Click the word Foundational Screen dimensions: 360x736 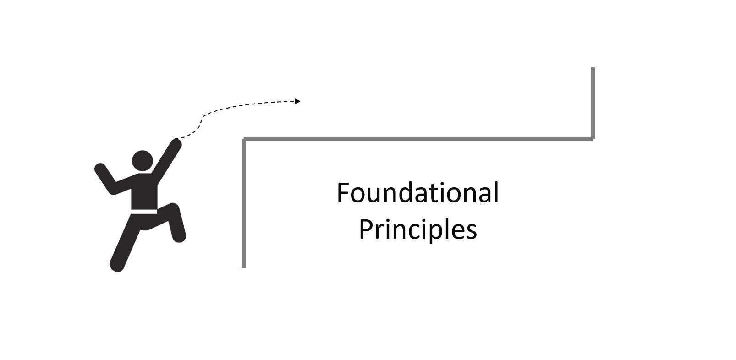417,193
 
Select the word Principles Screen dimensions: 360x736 417,229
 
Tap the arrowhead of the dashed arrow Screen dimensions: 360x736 298,101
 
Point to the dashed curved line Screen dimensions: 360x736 238,107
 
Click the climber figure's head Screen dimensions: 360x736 142,161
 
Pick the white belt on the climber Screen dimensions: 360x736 144,212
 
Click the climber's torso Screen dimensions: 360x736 144,192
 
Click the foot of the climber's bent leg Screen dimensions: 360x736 179,236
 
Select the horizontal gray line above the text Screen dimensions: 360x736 417,138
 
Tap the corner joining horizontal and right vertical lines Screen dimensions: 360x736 592,138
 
